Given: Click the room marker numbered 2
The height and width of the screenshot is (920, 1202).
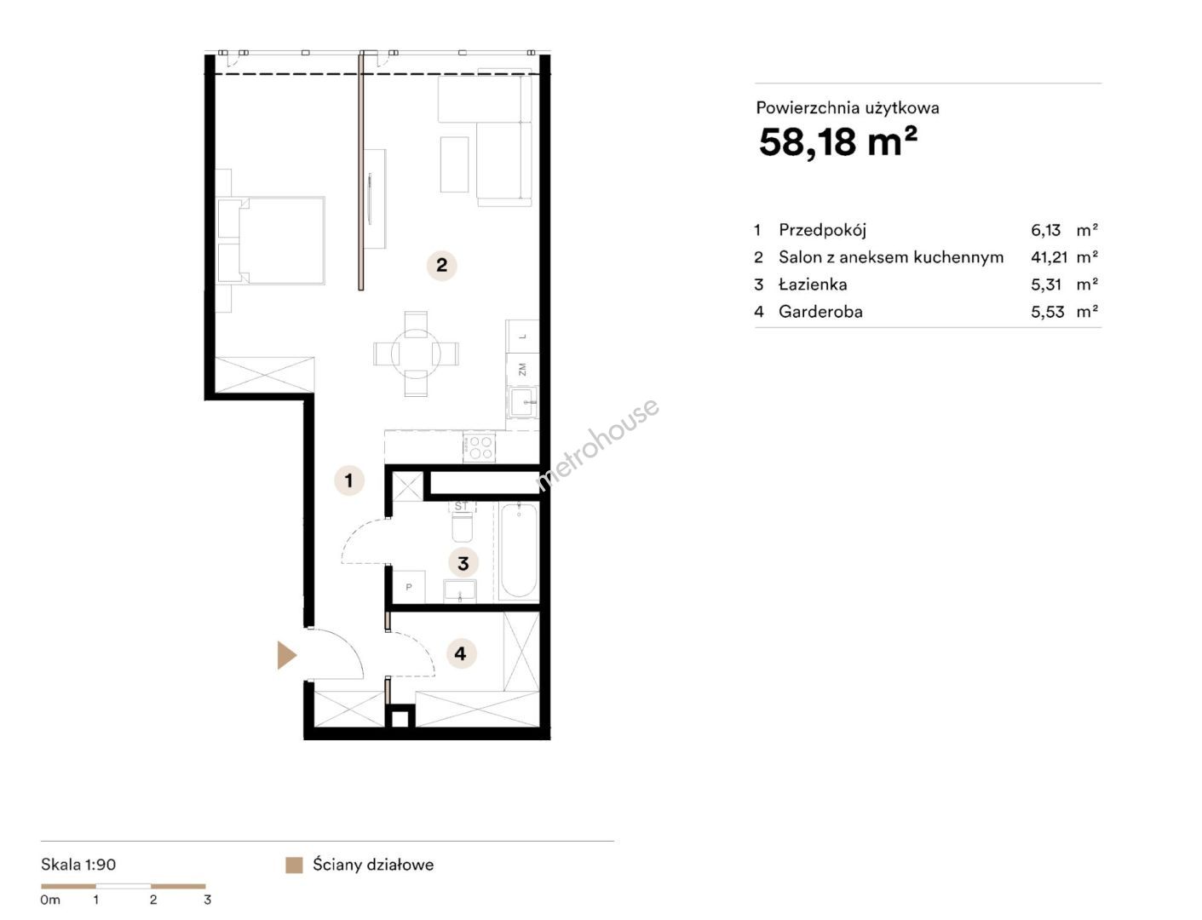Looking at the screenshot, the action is point(441,266).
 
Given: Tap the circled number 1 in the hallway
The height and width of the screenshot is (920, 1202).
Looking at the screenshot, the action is point(348,480).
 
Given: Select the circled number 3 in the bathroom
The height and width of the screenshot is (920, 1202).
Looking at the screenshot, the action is point(463,563).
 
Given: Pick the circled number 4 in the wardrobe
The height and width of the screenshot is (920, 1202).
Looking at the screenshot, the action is point(461,654).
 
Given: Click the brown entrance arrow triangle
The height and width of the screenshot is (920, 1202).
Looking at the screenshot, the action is point(286,656).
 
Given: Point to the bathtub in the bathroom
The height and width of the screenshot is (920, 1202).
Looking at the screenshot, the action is point(517,551).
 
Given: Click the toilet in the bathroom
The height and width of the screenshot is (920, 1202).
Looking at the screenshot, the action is point(461,522).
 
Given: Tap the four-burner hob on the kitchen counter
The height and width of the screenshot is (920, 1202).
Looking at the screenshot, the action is point(479,447).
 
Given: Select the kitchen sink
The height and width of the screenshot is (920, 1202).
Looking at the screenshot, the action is point(523,402).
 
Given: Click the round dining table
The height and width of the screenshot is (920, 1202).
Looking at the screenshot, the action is point(416,354).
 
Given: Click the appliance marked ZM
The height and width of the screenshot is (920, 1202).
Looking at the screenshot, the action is point(522,370).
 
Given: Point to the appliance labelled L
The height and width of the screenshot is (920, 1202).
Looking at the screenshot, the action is point(522,336).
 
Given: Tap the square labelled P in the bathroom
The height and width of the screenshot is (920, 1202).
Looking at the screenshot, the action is point(409,587).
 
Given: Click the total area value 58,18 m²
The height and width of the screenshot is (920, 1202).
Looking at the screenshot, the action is point(837,141).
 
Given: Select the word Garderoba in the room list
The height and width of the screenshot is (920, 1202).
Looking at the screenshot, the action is point(820,312).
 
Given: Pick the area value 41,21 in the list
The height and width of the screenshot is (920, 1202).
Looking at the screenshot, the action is point(1050,257).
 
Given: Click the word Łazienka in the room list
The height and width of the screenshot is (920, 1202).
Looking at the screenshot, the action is point(813,285).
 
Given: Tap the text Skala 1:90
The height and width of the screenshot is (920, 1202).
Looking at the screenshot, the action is point(78,865).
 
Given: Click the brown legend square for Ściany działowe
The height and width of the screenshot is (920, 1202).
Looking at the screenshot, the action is point(294,865).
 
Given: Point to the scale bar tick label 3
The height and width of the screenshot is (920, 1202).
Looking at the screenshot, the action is point(207,900).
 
